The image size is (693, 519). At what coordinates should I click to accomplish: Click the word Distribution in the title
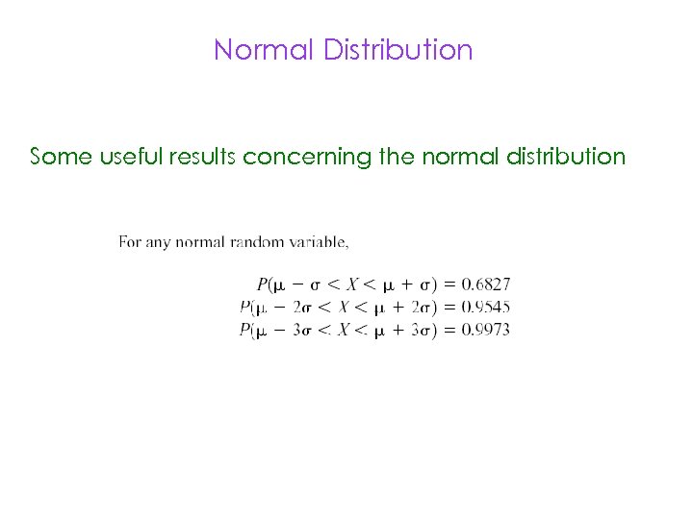pos(398,49)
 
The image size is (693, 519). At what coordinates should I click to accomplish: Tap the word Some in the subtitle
pos(62,156)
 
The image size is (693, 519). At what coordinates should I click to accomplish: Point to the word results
pos(203,156)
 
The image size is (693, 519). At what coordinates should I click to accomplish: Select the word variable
pos(321,241)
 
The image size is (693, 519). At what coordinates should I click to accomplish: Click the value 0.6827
pos(486,284)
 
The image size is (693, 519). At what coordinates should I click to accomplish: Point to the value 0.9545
pos(486,307)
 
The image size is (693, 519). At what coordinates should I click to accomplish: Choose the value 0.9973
pos(486,330)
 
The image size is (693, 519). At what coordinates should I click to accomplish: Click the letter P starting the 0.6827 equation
pos(262,284)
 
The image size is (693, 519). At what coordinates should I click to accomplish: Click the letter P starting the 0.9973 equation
pos(244,330)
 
